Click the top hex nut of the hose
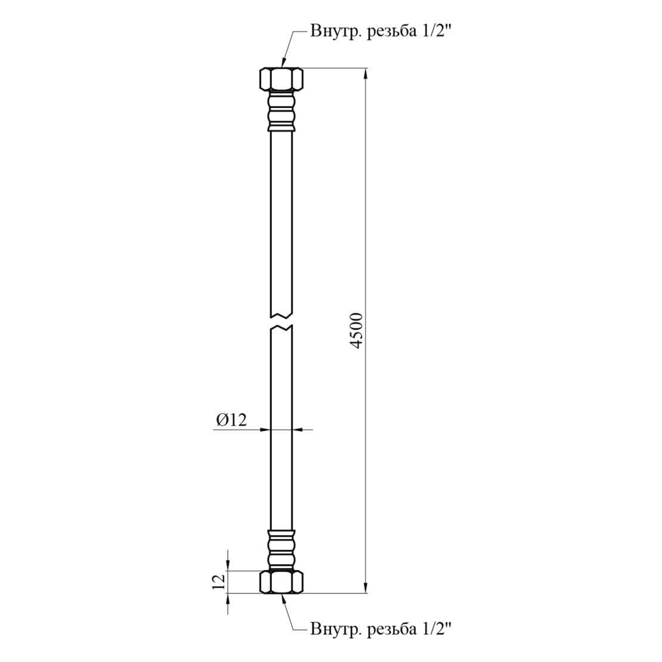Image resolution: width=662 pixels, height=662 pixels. coord(281,79)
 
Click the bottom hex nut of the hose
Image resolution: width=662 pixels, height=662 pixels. coord(281,582)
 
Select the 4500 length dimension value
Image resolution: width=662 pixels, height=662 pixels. coord(356,331)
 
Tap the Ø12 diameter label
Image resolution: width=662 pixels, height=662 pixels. coord(231,420)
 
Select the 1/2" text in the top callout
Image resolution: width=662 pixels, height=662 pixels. coord(437,32)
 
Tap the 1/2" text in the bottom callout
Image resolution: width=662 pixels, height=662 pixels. coord(437,629)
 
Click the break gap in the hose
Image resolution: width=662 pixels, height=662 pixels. coord(281,321)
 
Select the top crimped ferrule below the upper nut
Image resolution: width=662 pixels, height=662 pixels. coord(281,110)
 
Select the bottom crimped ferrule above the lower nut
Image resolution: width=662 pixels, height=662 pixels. coord(281,550)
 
